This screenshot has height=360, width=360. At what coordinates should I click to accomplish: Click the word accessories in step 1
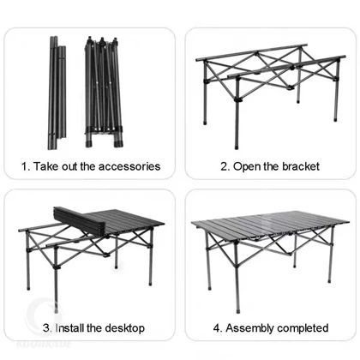point(129,166)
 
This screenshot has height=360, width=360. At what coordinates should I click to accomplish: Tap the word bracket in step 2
point(301,166)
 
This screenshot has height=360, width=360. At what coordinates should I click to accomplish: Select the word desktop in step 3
point(125,328)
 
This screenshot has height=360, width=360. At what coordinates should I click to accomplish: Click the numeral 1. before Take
point(26,166)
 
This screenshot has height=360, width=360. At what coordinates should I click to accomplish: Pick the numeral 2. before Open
point(225,166)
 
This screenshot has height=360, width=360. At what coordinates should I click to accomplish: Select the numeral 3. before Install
point(48,327)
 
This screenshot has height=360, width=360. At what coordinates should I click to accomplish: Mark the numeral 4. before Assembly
point(218,328)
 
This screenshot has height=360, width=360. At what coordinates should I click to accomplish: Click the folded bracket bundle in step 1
point(104,92)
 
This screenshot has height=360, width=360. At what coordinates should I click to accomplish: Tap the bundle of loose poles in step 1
point(57,93)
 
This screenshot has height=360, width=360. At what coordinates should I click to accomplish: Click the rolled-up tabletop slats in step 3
point(79,220)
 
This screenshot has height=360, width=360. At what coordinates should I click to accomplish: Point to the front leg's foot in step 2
point(237,147)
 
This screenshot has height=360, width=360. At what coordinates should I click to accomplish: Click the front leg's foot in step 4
point(237,310)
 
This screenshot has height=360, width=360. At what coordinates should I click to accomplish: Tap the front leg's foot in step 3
point(56,309)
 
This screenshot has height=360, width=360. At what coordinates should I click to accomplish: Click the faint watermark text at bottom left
point(44,344)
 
